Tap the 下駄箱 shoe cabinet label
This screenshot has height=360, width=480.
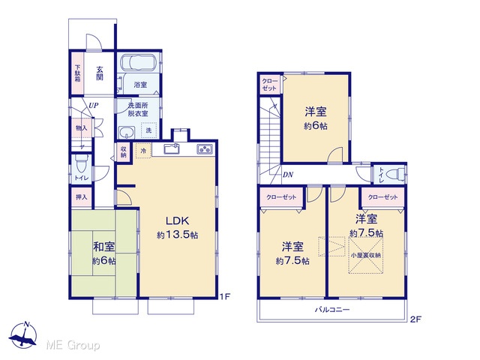coord(78,73)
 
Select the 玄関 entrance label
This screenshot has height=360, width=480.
coord(100,73)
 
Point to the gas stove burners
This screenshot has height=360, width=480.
coord(205,148)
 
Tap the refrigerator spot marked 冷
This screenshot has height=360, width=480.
coord(143,151)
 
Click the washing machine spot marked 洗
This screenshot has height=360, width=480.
coord(148,130)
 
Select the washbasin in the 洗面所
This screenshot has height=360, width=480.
coord(126,133)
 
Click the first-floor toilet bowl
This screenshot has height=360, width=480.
coord(82,163)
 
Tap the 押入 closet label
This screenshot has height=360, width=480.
coord(82,197)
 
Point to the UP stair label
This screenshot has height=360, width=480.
coord(93,105)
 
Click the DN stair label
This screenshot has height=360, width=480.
coord(288,175)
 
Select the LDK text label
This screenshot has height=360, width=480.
coord(178,220)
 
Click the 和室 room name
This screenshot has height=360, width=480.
coord(104,247)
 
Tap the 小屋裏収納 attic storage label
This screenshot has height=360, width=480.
coord(366,255)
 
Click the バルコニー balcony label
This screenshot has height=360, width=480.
coord(332,310)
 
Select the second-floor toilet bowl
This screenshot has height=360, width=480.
coord(395,175)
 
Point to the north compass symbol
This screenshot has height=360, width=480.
coord(23,335)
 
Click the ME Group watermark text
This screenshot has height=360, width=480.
coord(73,345)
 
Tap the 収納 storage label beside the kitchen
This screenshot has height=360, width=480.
coord(123,152)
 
